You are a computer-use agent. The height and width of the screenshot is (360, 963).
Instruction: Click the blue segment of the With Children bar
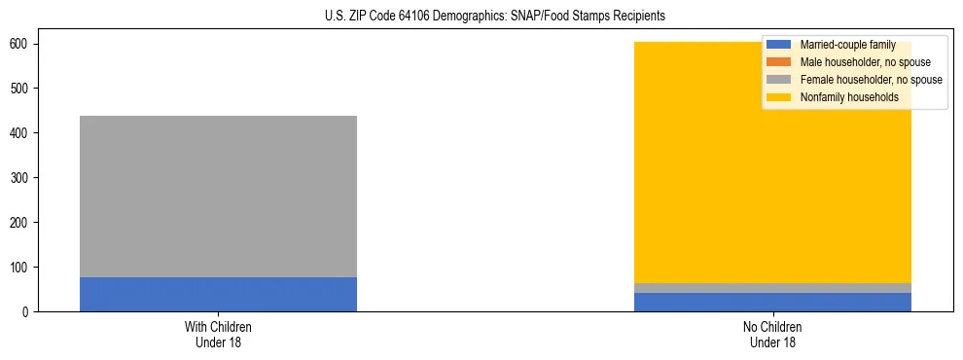coord(218,294)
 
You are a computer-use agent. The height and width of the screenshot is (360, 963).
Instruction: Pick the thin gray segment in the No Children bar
coord(773,288)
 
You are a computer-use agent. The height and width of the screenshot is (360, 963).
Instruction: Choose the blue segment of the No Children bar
coord(773,302)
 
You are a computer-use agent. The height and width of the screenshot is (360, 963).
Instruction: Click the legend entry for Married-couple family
coord(847,45)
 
